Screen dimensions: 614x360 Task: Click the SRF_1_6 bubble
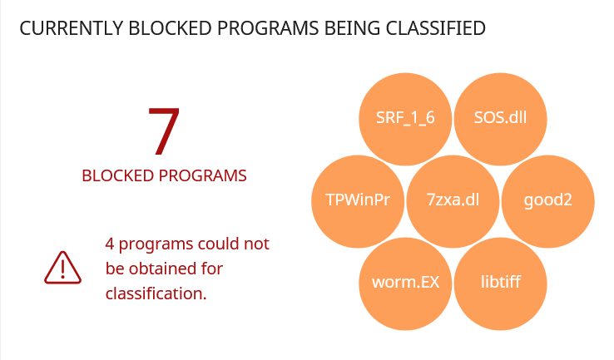[x=405, y=119]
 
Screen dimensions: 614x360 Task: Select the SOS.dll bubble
[x=501, y=119]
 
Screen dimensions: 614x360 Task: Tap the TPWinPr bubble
[x=358, y=201]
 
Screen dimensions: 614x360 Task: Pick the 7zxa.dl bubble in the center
[x=453, y=201]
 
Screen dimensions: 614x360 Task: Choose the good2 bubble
[x=548, y=201]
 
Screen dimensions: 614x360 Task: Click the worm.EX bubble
[x=405, y=284]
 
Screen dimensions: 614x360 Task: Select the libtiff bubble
[x=501, y=284]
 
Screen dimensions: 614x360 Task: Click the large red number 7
[x=164, y=131]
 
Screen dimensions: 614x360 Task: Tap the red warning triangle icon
[x=62, y=268]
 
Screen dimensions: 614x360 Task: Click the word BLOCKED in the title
[x=170, y=28]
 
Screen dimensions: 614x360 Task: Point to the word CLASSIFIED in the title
[x=435, y=28]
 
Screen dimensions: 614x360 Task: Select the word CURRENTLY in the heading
[x=72, y=28]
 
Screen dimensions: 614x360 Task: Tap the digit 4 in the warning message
[x=110, y=244]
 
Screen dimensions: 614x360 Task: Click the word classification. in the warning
[x=156, y=293]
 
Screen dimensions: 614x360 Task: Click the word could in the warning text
[x=219, y=244]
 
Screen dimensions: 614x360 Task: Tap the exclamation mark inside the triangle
[x=62, y=269]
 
